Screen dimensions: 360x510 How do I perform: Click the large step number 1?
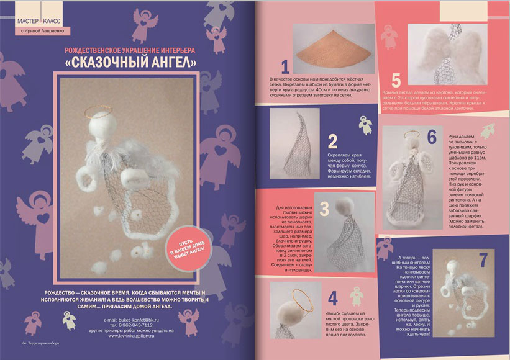point(285,66)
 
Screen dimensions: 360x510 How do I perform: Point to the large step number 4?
point(333,298)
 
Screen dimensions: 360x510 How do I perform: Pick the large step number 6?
point(432,137)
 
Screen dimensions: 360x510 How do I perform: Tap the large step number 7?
point(483,259)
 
